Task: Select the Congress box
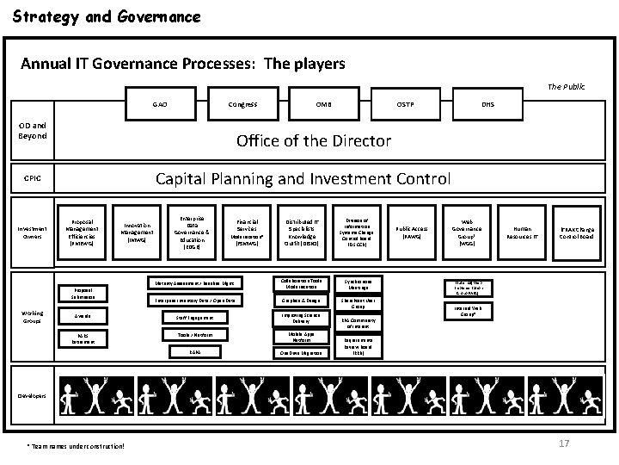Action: click(x=242, y=104)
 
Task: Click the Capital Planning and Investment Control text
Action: click(x=302, y=179)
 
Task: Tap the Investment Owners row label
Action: click(x=31, y=228)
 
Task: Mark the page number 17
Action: click(x=564, y=443)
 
